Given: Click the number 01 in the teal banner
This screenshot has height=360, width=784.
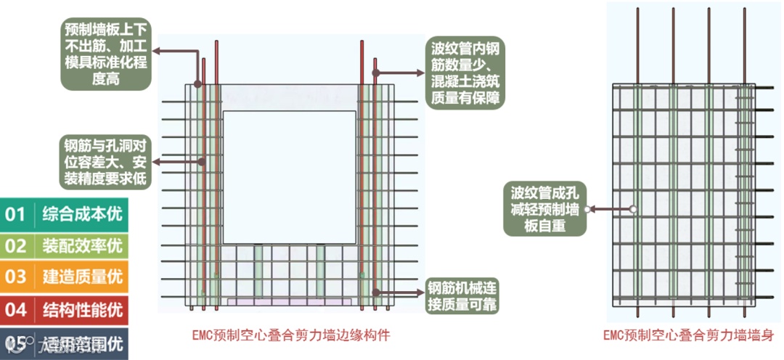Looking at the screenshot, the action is [16, 214].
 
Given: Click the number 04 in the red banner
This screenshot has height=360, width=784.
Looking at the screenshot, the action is [16, 309].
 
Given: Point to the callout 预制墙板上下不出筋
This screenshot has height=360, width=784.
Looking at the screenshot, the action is [105, 54].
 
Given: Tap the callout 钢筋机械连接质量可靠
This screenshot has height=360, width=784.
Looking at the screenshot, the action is [463, 294].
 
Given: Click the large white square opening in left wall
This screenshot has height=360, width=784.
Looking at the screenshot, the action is [290, 178].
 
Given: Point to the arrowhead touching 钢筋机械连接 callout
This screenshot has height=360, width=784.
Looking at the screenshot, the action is [421, 292].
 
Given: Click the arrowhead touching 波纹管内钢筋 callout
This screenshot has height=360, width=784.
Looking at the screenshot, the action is [421, 72].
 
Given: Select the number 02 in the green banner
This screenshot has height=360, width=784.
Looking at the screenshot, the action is [16, 245].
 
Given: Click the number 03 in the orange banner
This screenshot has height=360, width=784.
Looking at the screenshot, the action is [16, 277].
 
